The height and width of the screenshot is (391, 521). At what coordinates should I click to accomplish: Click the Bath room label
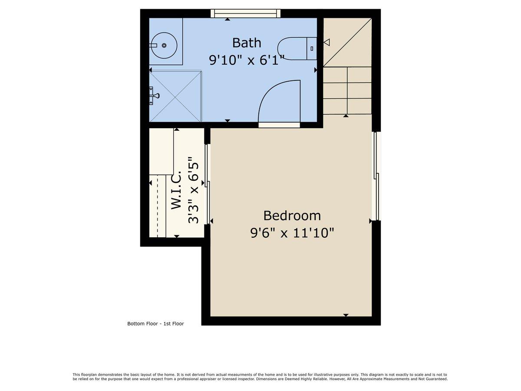[x=247, y=43]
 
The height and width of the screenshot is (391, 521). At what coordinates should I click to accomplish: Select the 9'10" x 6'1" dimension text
[x=247, y=60]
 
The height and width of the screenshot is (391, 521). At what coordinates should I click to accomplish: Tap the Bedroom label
[x=292, y=215]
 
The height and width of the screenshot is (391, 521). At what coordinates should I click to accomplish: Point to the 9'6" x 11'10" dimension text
[x=292, y=233]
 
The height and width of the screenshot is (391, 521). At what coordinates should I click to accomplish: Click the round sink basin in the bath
[x=164, y=45]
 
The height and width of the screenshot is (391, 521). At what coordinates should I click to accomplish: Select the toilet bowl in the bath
[x=292, y=48]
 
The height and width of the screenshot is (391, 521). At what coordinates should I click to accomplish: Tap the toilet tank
[x=312, y=48]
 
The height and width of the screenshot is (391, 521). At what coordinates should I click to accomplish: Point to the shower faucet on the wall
[x=153, y=96]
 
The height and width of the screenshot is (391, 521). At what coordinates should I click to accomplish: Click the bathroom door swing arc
[x=278, y=102]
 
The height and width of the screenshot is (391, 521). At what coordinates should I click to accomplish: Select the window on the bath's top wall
[x=245, y=13]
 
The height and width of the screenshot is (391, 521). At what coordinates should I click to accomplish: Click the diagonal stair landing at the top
[x=347, y=42]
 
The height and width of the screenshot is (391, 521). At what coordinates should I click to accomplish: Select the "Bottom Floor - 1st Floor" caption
[x=155, y=324]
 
